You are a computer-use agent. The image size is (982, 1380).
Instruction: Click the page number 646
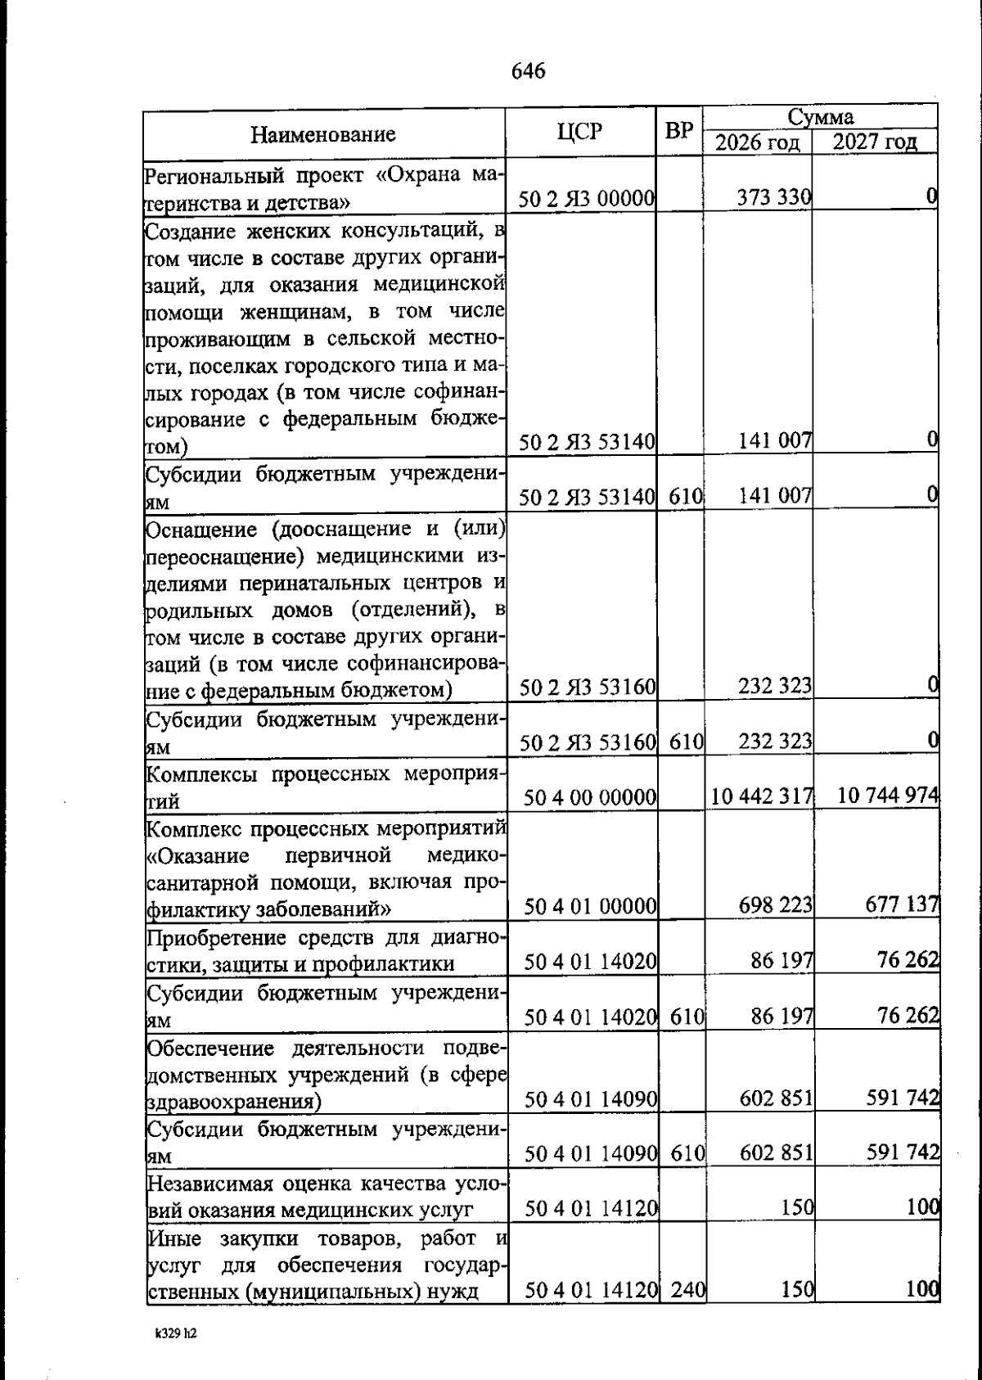pyautogui.click(x=528, y=71)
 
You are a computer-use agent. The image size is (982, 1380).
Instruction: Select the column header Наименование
pyautogui.click(x=322, y=133)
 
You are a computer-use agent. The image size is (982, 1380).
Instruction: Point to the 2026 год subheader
pyautogui.click(x=757, y=142)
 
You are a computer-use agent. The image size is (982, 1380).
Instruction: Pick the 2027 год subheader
pyautogui.click(x=874, y=142)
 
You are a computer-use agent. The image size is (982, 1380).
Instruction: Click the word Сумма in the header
pyautogui.click(x=820, y=117)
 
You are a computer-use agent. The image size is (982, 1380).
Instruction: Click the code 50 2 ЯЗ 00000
pyautogui.click(x=588, y=197)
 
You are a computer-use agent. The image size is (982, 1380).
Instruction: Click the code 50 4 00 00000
pyautogui.click(x=590, y=796)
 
